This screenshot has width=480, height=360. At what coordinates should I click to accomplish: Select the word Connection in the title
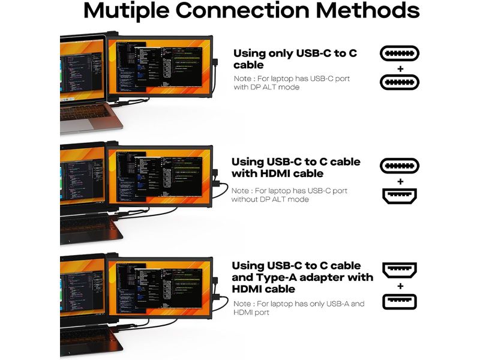pos(246,12)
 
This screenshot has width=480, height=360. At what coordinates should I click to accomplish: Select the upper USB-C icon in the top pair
pos(400,53)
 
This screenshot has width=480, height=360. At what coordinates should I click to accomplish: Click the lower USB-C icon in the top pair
pos(400,82)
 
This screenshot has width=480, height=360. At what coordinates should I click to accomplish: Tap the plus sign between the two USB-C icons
pos(400,68)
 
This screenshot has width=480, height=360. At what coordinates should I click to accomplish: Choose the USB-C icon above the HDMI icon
pos(400,166)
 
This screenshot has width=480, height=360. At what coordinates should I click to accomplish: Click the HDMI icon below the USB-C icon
pos(400,196)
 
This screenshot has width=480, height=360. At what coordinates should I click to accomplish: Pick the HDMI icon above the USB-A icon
pos(400,271)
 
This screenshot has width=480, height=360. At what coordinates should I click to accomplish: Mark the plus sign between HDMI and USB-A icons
pos(400,286)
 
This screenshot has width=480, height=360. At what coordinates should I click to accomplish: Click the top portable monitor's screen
pos(162,67)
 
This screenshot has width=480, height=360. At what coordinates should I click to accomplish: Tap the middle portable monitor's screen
pos(162,177)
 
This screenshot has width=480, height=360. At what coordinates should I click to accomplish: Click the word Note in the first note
pos(243,79)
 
